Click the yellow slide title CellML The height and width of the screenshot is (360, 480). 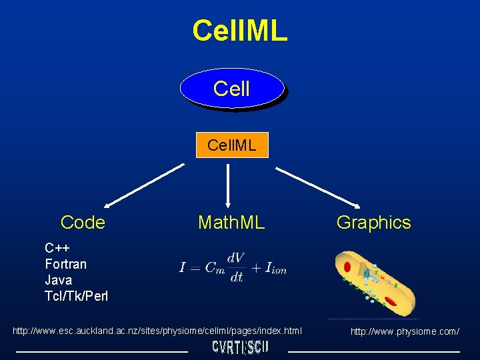point(240,31)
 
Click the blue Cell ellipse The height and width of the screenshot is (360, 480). point(232,88)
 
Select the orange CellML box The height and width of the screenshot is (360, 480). point(232,145)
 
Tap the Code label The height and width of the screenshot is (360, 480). point(83,223)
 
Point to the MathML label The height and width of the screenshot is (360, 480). point(231,223)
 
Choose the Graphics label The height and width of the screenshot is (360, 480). point(373,223)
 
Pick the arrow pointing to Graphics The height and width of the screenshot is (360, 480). point(318,187)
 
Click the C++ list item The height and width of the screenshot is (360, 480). point(58,248)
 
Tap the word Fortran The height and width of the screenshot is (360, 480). point(66,264)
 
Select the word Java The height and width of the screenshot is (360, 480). point(58,280)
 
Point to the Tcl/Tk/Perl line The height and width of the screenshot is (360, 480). point(76,296)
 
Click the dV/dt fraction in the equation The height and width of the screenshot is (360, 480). point(235,267)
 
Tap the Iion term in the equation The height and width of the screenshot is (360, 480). point(275,269)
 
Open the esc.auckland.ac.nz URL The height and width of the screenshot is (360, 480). point(157,331)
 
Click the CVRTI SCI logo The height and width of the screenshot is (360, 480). point(240,347)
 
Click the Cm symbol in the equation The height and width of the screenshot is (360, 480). point(215,268)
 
